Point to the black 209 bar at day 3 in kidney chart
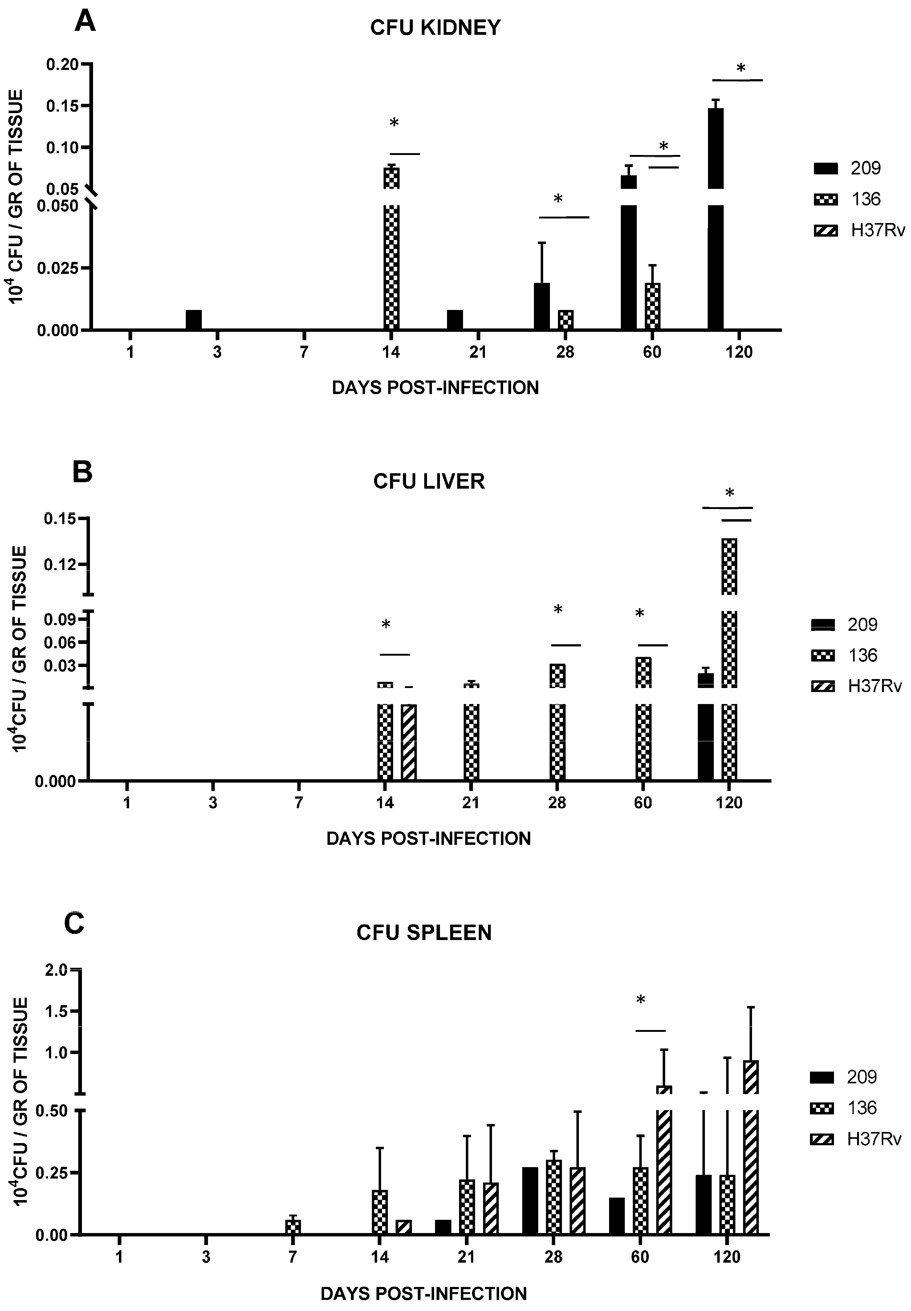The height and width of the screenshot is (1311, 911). (193, 320)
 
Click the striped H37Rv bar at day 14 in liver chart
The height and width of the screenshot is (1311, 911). (409, 742)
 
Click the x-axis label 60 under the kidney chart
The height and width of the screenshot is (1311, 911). (652, 352)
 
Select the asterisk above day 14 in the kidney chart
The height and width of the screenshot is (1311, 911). (394, 123)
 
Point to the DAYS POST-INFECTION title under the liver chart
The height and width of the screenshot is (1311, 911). (428, 838)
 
